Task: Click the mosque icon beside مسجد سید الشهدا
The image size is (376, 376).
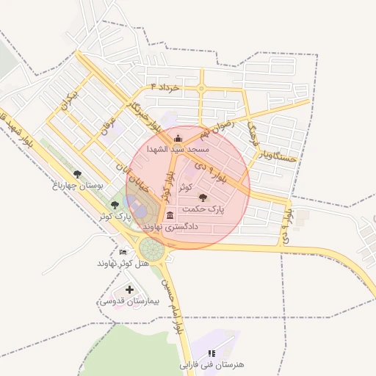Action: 176,138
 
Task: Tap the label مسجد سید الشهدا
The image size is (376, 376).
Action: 178,149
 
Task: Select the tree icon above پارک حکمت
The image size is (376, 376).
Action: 203,198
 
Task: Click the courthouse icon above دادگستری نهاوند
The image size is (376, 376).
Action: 170,215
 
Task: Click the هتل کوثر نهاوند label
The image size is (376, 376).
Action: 123,263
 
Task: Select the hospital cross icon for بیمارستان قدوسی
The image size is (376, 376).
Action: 130,290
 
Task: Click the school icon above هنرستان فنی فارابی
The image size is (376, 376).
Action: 212,353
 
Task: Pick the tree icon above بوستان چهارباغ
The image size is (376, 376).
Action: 78,174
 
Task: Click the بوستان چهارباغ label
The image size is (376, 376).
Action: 76,187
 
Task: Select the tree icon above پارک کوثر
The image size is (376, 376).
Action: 114,205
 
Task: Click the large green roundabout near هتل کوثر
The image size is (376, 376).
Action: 153,248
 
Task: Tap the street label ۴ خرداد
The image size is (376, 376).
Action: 164,87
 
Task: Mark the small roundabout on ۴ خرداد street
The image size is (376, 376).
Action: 201,89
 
